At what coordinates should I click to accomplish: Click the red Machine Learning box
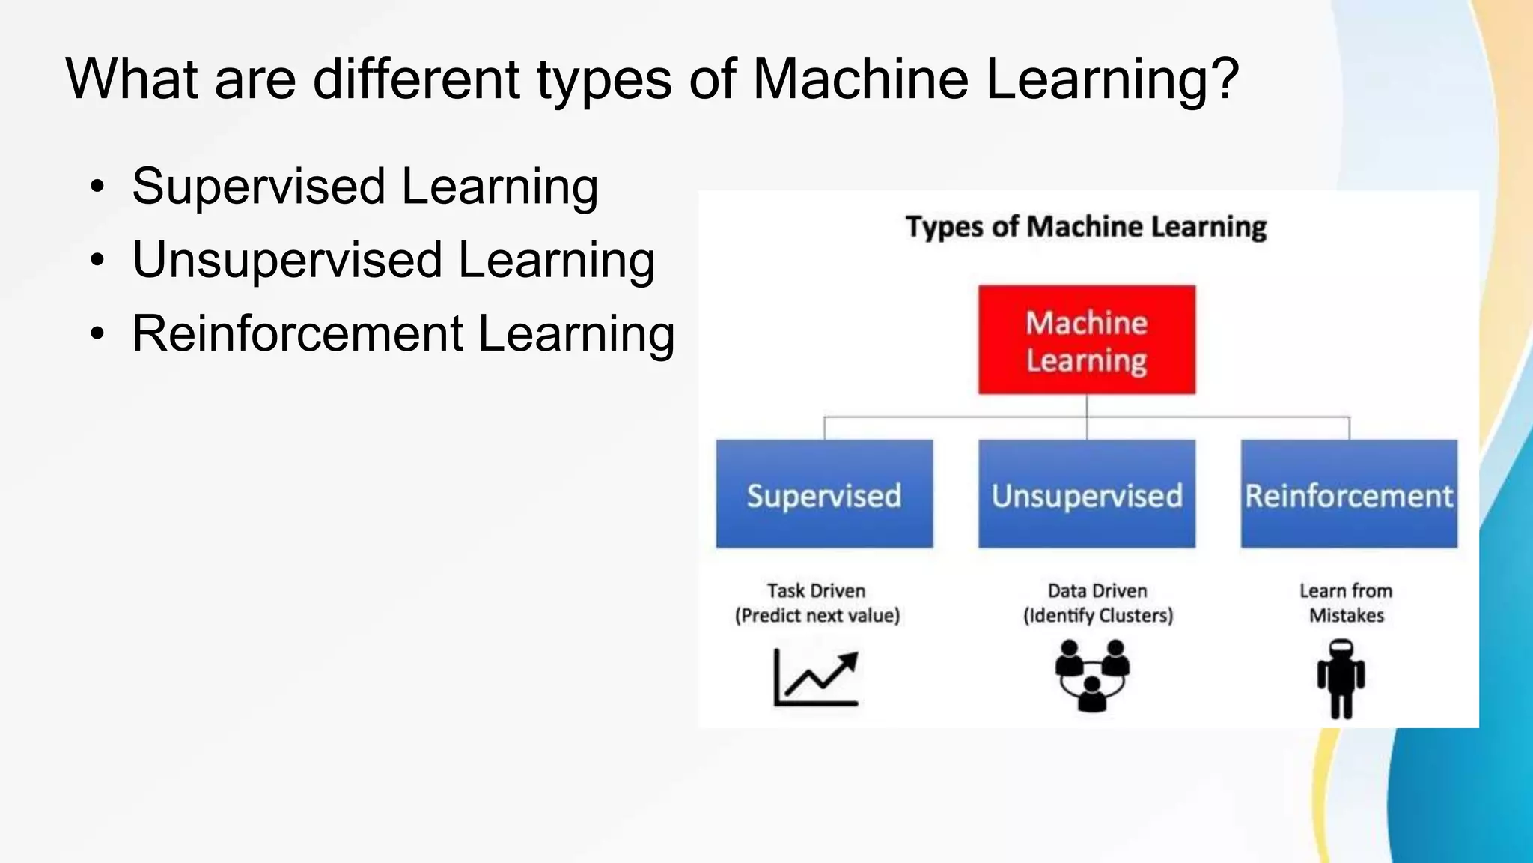pyautogui.click(x=1086, y=339)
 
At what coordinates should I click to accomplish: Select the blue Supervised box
pyautogui.click(x=824, y=494)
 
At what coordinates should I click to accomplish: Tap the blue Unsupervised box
pyautogui.click(x=1086, y=494)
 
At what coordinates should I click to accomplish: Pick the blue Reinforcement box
pyautogui.click(x=1349, y=494)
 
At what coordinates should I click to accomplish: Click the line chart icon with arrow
pyautogui.click(x=816, y=677)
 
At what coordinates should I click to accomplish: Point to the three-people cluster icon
pyautogui.click(x=1092, y=675)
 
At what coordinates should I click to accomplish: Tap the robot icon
pyautogui.click(x=1341, y=679)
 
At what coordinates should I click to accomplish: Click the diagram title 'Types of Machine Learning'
pyautogui.click(x=1085, y=227)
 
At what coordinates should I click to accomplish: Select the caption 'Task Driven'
pyautogui.click(x=816, y=590)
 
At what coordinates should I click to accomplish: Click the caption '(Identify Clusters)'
pyautogui.click(x=1098, y=616)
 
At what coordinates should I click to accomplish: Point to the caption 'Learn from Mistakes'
pyautogui.click(x=1346, y=603)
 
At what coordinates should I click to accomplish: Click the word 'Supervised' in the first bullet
pyautogui.click(x=258, y=187)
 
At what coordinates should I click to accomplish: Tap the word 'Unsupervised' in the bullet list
pyautogui.click(x=287, y=261)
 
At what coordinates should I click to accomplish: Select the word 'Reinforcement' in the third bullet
pyautogui.click(x=297, y=333)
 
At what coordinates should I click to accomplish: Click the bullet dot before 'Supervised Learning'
pyautogui.click(x=97, y=187)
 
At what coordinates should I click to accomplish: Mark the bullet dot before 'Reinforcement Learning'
pyautogui.click(x=97, y=334)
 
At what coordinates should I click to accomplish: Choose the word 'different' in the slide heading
pyautogui.click(x=415, y=79)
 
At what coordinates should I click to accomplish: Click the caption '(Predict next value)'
pyautogui.click(x=817, y=616)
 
